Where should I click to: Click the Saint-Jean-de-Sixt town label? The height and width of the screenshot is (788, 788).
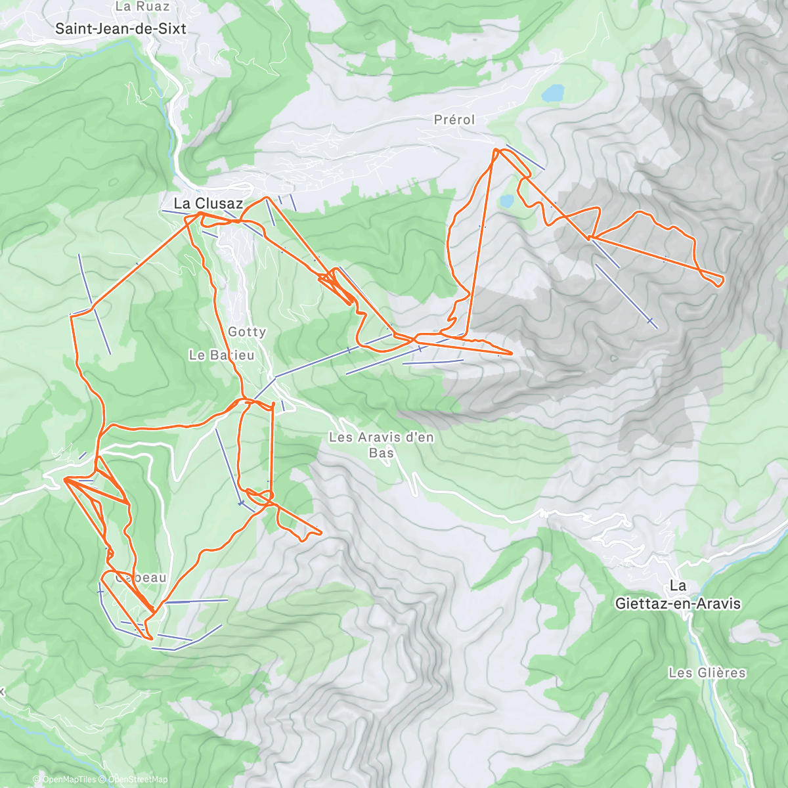pos(120,29)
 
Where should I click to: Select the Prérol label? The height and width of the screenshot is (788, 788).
pos(454,120)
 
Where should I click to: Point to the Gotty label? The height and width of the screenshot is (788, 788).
pos(247,332)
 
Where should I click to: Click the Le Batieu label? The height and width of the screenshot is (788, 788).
pos(221,355)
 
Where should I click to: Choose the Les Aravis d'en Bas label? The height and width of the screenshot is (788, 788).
pos(381,445)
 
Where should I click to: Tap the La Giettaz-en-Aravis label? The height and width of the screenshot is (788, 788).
pos(678,594)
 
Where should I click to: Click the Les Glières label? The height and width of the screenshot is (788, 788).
pos(707,672)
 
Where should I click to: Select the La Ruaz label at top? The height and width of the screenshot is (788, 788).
pos(142,7)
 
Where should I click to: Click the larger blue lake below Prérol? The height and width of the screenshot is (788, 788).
pos(506,201)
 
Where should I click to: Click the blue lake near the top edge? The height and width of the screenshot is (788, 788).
pos(553,93)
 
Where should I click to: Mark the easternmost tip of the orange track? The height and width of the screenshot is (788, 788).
pos(723,280)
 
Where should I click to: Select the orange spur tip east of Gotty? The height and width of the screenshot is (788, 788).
pos(512,354)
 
